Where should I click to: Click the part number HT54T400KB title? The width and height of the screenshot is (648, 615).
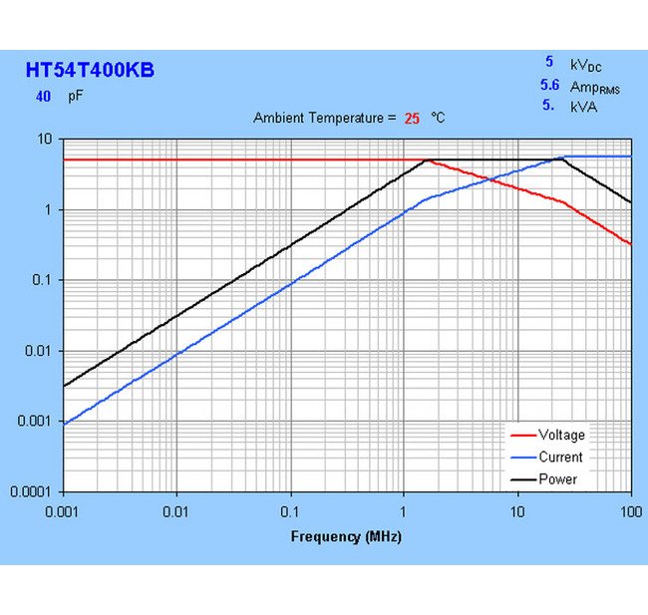pyautogui.click(x=90, y=71)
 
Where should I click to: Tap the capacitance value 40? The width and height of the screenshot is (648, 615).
pyautogui.click(x=43, y=97)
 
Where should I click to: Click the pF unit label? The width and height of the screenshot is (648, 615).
pyautogui.click(x=76, y=97)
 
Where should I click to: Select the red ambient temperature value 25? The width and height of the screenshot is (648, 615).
pyautogui.click(x=412, y=118)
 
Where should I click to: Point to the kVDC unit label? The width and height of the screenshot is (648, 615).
pyautogui.click(x=585, y=65)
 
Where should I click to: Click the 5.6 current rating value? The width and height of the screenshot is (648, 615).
pyautogui.click(x=549, y=86)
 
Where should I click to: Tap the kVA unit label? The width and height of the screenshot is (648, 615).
pyautogui.click(x=583, y=106)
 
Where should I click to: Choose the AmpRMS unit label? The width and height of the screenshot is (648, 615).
pyautogui.click(x=594, y=87)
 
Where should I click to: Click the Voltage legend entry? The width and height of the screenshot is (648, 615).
pyautogui.click(x=561, y=435)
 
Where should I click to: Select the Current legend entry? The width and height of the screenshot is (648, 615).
pyautogui.click(x=560, y=457)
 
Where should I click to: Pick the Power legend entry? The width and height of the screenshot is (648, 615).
pyautogui.click(x=557, y=478)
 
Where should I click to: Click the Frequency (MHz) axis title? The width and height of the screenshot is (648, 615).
pyautogui.click(x=346, y=536)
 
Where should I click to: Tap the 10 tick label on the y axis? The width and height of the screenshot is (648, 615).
pyautogui.click(x=45, y=139)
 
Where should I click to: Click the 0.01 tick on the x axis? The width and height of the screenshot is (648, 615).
pyautogui.click(x=176, y=510)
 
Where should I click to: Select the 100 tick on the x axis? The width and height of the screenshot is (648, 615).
pyautogui.click(x=630, y=510)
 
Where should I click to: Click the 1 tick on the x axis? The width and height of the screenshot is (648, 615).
pyautogui.click(x=404, y=510)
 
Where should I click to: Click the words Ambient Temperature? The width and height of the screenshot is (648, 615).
pyautogui.click(x=317, y=118)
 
